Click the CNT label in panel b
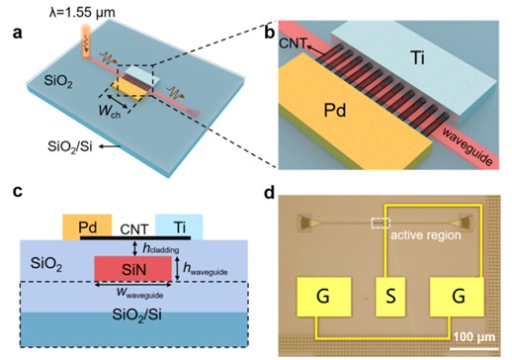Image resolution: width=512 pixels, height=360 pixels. click(x=293, y=45)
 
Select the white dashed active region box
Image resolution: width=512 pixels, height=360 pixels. click(x=381, y=225)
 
